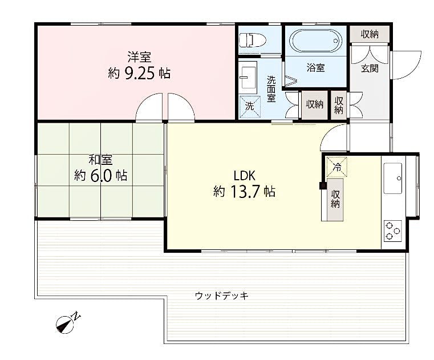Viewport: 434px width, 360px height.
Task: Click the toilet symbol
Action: tap(252, 40)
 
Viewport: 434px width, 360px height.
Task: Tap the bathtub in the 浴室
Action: tap(316, 41)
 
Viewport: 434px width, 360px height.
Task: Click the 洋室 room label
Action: tap(139, 57)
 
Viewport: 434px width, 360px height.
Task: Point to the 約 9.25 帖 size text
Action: tap(139, 74)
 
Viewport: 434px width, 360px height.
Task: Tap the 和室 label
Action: tap(100, 160)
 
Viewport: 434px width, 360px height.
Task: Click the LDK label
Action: tap(244, 175)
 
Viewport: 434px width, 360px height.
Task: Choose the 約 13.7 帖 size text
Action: tap(244, 191)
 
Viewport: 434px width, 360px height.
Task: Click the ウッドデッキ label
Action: tap(222, 296)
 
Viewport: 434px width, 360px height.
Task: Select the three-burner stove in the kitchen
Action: tap(393, 230)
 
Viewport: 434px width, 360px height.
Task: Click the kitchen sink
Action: tap(393, 179)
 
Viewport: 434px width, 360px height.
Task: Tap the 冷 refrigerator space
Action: tap(336, 167)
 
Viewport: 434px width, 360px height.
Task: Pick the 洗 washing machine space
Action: tap(250, 106)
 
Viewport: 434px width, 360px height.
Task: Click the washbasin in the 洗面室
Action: tap(248, 77)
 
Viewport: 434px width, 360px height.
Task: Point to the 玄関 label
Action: tap(370, 68)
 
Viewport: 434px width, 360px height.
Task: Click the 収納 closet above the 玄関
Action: tap(370, 34)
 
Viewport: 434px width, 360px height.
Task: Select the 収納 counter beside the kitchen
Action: tap(335, 200)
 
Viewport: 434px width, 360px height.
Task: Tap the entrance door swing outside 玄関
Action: tap(406, 65)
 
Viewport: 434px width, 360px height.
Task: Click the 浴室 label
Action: tap(316, 67)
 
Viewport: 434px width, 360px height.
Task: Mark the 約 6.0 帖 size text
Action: tap(100, 175)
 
